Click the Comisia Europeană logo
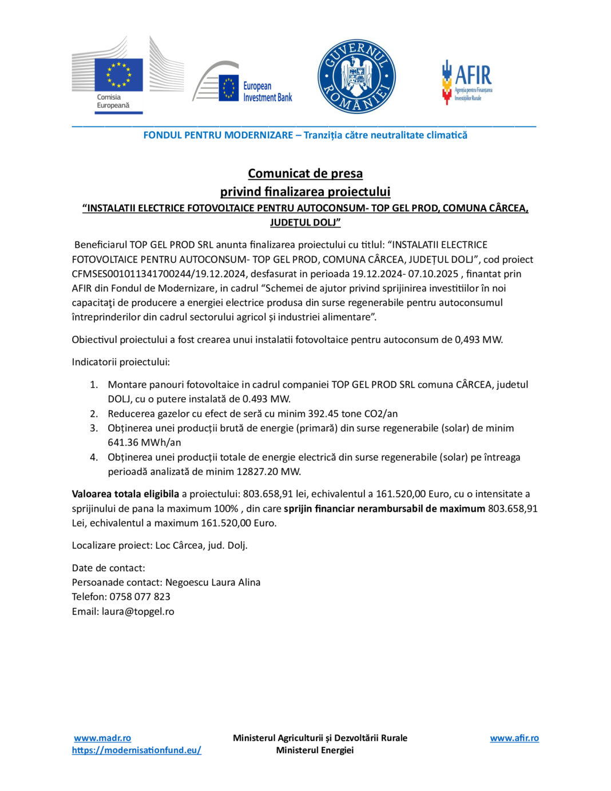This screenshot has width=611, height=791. point(127,75)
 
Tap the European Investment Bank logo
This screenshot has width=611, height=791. point(243,84)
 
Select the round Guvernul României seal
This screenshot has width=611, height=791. point(356,77)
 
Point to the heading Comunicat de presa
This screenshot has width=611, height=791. point(305,173)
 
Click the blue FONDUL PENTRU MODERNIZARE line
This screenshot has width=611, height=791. point(305,135)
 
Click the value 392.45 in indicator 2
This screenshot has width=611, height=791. point(323,413)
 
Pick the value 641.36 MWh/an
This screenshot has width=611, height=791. point(144,442)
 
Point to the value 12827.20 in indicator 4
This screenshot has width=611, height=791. point(254,471)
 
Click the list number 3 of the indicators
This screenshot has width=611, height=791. point(94,428)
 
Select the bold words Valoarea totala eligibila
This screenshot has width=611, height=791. point(125,493)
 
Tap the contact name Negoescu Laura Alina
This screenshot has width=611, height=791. point(213,582)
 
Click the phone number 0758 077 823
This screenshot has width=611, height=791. point(140,596)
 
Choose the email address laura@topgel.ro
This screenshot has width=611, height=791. point(138,611)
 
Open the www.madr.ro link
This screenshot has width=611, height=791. point(102,738)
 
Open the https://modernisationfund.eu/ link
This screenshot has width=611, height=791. point(136,750)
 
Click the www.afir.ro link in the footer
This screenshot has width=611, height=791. point(514,738)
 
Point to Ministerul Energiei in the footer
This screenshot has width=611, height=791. point(315,750)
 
